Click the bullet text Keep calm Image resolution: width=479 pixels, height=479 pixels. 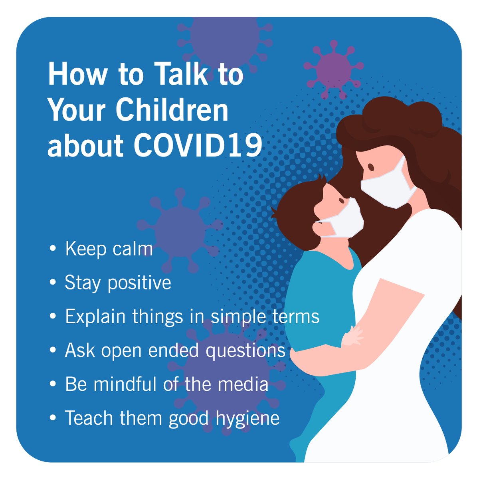coord(109,249)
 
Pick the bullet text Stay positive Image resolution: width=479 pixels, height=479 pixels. coord(118,283)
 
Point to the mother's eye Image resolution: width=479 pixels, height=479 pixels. coord(370,166)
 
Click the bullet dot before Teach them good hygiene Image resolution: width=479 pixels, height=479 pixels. coord(53,418)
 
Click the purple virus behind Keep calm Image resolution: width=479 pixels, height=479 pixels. coord(179,230)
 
